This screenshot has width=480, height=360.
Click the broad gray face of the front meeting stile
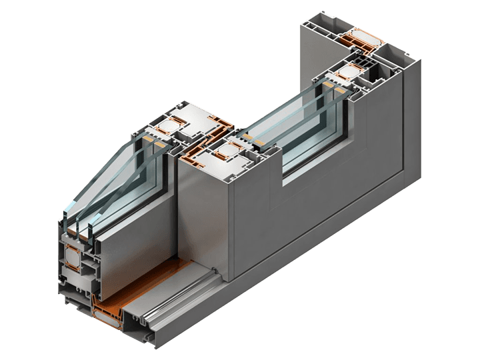[x=207, y=213]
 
